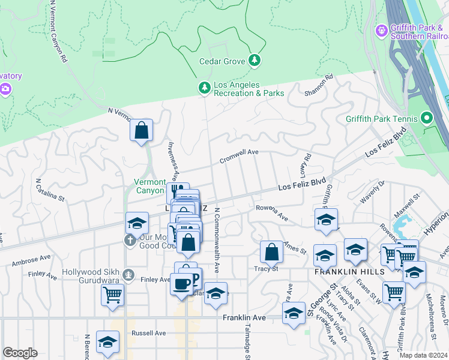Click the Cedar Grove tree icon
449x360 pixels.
(x=255, y=60)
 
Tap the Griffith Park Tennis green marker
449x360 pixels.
(x=427, y=118)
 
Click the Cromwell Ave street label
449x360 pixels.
(x=239, y=153)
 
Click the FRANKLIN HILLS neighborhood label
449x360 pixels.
(x=341, y=271)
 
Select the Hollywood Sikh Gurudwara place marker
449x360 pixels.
(x=128, y=275)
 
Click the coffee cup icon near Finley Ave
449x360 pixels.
(x=181, y=283)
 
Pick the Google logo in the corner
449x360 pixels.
(x=20, y=353)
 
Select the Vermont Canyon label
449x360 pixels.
(x=149, y=186)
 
